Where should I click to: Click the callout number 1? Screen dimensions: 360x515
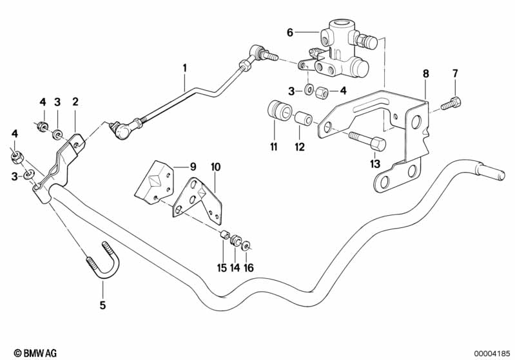pos(184,67)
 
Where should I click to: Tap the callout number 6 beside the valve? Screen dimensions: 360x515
pos(290,32)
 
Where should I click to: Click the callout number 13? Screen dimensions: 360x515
pos(375,164)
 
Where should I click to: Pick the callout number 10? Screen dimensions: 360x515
pos(215,167)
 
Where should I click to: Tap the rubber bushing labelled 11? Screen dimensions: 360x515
pos(277,111)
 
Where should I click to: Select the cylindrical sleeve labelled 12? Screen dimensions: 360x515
pos(304,119)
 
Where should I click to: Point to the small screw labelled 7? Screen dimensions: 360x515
pos(452,102)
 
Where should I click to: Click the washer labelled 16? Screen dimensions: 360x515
pos(248,245)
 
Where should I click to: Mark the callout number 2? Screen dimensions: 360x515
pos(75,102)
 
